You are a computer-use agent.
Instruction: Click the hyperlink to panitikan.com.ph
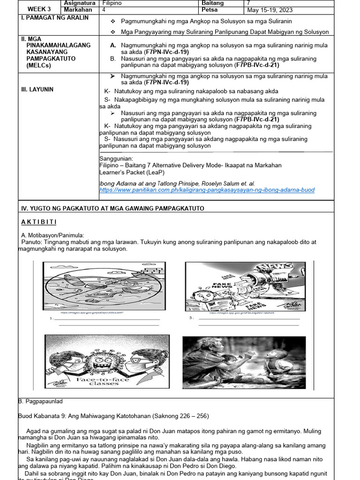tap(207, 190)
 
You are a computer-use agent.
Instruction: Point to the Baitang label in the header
tap(212, 3)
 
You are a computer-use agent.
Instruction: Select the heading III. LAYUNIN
tap(37, 90)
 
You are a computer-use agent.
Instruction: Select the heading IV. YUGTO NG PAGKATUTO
tap(112, 208)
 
